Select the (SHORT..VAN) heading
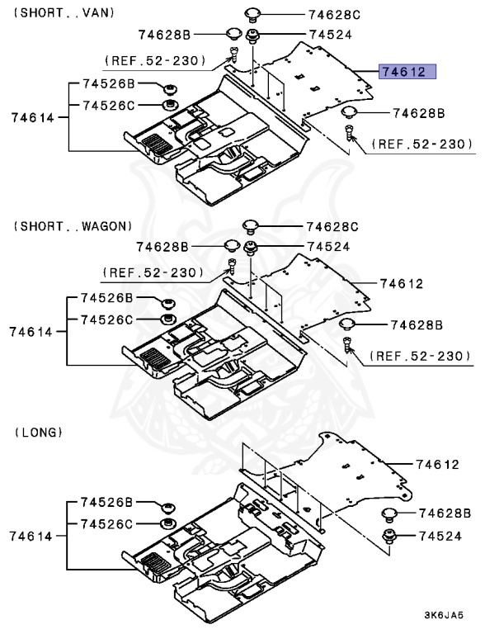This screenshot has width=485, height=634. pos(65,12)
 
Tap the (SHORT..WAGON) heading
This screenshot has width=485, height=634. pos(72,225)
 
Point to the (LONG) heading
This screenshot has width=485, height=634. pos(39,432)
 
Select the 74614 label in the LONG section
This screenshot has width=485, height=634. pos(32,536)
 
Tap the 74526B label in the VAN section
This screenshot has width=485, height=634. pos(106,85)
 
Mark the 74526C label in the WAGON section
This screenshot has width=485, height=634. pos(106,319)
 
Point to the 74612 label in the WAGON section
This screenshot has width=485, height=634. pos(401,283)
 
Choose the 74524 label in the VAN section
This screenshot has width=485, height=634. pos(330,35)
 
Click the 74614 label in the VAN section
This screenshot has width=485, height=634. pos(32,117)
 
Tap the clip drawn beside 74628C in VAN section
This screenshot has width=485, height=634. pos(252,13)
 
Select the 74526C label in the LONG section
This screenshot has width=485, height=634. pos(106,524)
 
